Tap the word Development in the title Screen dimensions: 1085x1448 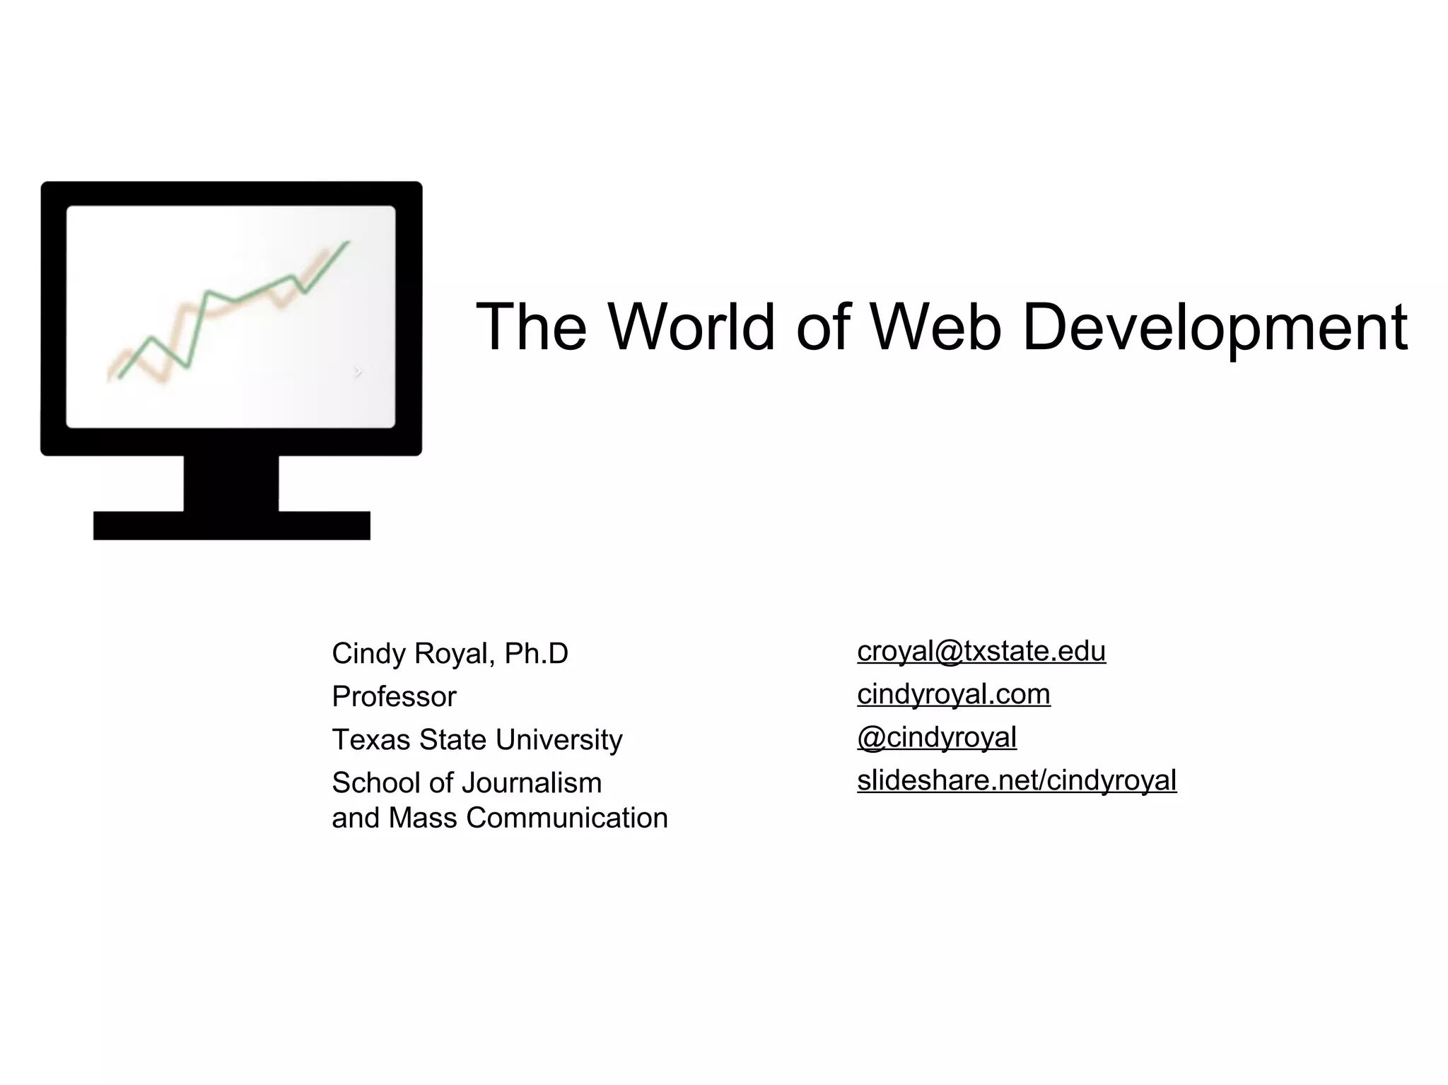pos(1214,328)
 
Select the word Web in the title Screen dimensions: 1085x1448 pos(935,327)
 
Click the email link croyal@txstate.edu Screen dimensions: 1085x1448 pos(981,652)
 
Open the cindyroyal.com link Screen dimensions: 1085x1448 pos(953,695)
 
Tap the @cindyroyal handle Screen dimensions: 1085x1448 pos(936,738)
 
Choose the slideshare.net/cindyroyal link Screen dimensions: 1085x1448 pos(1016,781)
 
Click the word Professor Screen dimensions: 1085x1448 pos(394,697)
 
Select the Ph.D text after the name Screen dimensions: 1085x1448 pos(536,654)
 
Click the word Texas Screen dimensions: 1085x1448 pos(370,740)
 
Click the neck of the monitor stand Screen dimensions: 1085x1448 pos(231,483)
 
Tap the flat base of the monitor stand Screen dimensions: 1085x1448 pos(231,525)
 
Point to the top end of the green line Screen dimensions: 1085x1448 pos(347,242)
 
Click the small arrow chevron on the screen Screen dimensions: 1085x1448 pos(358,371)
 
